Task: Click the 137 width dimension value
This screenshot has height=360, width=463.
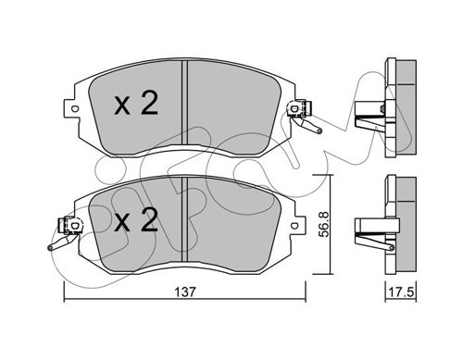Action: pyautogui.click(x=185, y=292)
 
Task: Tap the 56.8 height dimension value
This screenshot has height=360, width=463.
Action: pyautogui.click(x=323, y=224)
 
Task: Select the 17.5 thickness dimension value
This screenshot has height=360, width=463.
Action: pyautogui.click(x=401, y=292)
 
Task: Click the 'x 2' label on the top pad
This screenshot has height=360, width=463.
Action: pyautogui.click(x=136, y=104)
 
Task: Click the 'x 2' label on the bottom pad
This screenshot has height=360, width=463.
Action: pyautogui.click(x=136, y=219)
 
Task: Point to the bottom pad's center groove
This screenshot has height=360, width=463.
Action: pyautogui.click(x=184, y=219)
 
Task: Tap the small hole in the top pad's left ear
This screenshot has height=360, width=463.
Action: pyautogui.click(x=74, y=108)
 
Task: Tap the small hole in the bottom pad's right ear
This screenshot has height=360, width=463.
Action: pyautogui.click(x=294, y=226)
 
